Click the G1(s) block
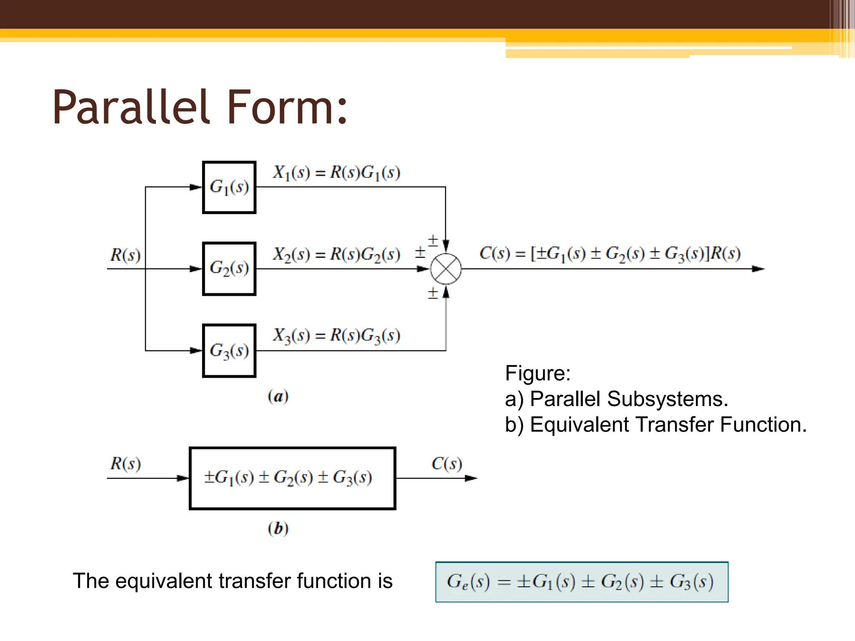click(229, 187)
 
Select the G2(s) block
click(229, 269)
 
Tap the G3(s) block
click(229, 351)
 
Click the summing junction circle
click(446, 269)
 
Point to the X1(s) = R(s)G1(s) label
click(336, 172)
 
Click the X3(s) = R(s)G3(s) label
click(336, 336)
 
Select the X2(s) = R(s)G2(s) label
click(336, 254)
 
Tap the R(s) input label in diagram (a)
click(125, 255)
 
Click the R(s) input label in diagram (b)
click(125, 463)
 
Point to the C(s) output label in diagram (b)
click(447, 463)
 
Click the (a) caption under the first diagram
click(278, 396)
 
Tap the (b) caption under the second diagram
click(278, 528)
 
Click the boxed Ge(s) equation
click(582, 582)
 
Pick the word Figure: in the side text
click(538, 373)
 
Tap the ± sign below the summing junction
click(433, 293)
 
